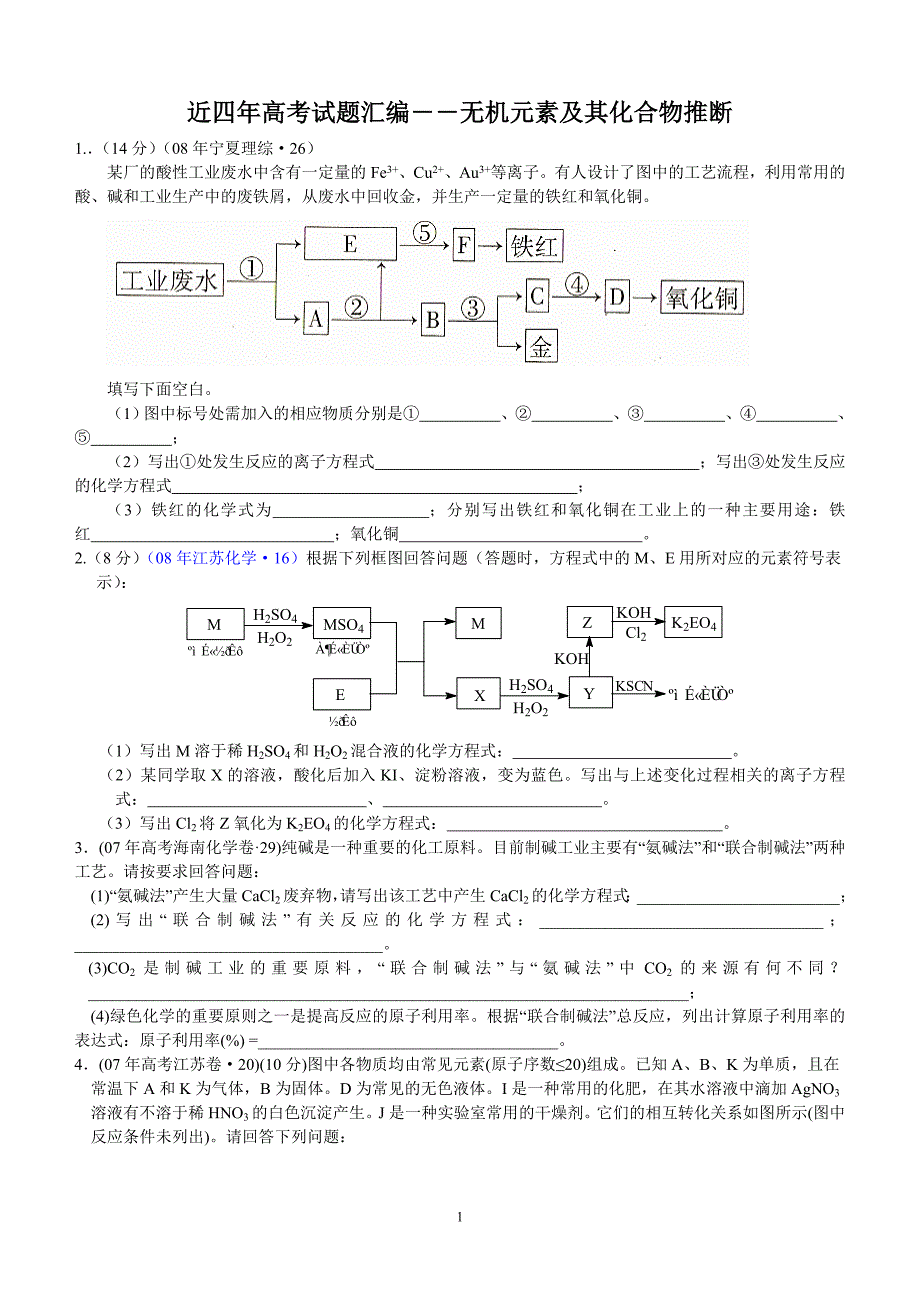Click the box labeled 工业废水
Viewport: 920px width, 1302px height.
tap(170, 280)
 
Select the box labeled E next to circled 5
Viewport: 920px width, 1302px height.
tap(349, 244)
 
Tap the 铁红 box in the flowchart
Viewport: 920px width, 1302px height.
tap(534, 246)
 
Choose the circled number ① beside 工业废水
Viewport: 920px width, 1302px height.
tap(252, 268)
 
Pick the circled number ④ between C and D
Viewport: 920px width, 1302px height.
tap(578, 284)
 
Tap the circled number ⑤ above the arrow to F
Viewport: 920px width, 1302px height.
tap(424, 233)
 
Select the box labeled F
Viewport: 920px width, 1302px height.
tap(463, 246)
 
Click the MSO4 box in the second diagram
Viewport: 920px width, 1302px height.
tap(342, 624)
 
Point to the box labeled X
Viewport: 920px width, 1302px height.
tap(479, 695)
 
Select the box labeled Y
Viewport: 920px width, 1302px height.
tap(589, 692)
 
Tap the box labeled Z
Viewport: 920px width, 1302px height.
tap(588, 622)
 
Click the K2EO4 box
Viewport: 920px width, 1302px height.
tap(693, 622)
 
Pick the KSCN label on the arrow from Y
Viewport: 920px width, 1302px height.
tap(634, 686)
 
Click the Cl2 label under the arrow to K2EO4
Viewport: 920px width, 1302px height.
tap(635, 633)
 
